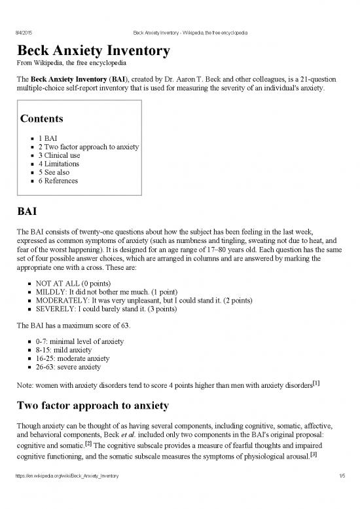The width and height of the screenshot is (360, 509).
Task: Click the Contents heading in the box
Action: [42, 119]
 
